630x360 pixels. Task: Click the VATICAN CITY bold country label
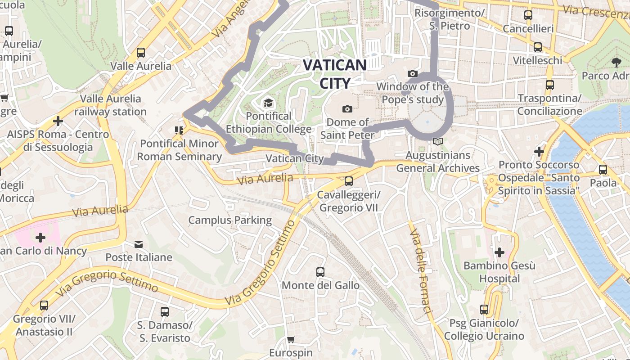334,74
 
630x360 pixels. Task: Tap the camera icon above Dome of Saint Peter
347,109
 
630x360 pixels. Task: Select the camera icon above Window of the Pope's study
412,73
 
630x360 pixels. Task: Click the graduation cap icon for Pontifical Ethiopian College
268,103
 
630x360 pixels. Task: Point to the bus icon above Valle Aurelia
141,53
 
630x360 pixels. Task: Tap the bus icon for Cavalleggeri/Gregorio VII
348,181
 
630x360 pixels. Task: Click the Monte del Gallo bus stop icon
320,272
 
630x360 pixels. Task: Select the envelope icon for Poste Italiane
139,244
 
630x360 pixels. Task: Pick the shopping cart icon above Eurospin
291,339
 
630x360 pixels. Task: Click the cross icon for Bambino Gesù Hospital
499,252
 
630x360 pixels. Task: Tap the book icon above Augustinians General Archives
437,142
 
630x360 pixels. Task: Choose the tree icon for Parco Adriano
616,63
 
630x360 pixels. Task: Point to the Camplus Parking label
230,220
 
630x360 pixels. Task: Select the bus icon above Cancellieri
528,15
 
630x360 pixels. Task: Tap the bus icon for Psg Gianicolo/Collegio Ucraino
484,310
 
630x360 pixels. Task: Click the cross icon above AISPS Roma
58,121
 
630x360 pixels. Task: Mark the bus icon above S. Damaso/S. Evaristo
165,311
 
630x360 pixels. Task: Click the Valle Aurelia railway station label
111,105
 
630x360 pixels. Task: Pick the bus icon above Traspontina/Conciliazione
549,85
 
